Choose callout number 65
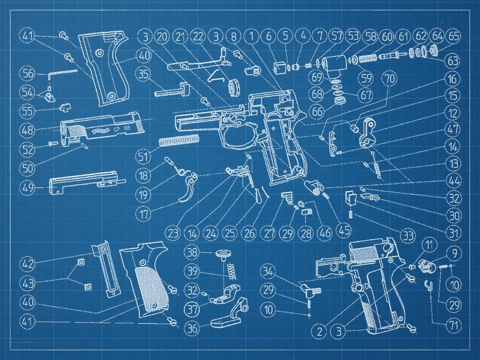pos(454,37)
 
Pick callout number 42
pos(28,264)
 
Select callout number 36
pos(192,327)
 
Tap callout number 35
pos(143,74)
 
